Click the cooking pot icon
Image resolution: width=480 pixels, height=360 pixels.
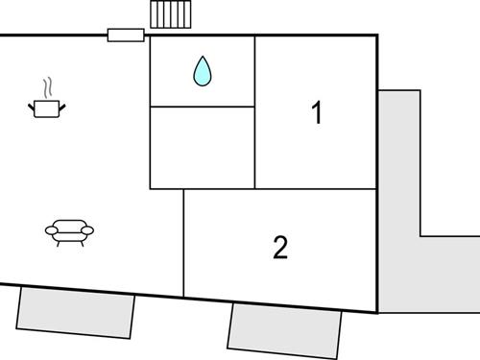tap(45, 108)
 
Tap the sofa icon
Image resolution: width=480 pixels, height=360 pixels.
tap(70, 230)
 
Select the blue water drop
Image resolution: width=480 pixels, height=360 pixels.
tap(202, 71)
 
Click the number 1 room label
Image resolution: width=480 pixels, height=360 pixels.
tap(316, 113)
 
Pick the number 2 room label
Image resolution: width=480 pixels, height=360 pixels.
tap(280, 248)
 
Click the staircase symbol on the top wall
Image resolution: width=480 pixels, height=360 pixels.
tap(172, 16)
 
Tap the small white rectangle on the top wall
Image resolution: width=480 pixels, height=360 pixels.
tap(126, 36)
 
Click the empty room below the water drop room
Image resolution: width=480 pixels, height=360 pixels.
tap(202, 147)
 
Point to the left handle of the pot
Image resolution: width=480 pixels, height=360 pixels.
tap(31, 104)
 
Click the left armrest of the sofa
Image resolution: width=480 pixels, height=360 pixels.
tap(50, 229)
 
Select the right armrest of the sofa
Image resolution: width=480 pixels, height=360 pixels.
tap(90, 229)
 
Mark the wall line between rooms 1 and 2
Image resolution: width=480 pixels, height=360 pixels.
tap(316, 189)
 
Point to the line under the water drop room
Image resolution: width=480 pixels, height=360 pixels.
tap(202, 106)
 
